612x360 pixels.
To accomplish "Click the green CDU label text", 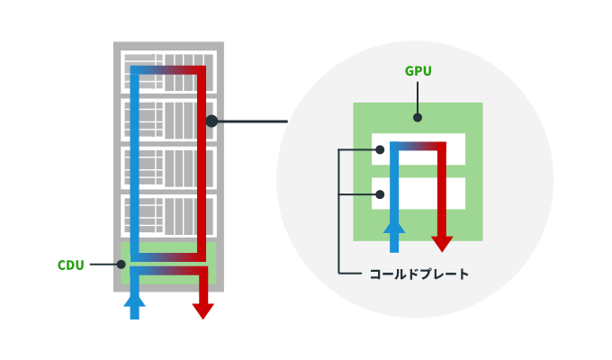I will click(x=71, y=265).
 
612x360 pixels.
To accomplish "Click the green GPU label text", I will click(x=418, y=71).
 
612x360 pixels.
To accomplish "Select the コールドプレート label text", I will click(x=418, y=274).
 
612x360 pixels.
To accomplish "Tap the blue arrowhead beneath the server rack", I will click(x=134, y=298).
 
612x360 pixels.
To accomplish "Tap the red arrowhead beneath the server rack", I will click(x=203, y=310).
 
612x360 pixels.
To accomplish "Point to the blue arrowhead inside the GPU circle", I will click(x=394, y=224).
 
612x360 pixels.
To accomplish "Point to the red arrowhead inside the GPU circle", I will click(x=442, y=243).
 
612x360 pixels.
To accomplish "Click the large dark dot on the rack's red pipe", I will click(x=211, y=121).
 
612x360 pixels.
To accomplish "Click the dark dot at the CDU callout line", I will click(x=121, y=264).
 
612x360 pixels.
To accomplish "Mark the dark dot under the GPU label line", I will click(x=418, y=117).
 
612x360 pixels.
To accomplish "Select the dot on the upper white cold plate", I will click(x=380, y=150).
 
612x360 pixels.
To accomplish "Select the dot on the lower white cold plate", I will click(x=380, y=193).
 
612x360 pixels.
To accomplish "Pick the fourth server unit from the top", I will click(x=168, y=216).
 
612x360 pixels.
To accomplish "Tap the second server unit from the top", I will click(x=168, y=120).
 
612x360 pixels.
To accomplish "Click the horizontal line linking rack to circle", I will click(x=252, y=121).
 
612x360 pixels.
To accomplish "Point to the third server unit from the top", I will click(x=168, y=167).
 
